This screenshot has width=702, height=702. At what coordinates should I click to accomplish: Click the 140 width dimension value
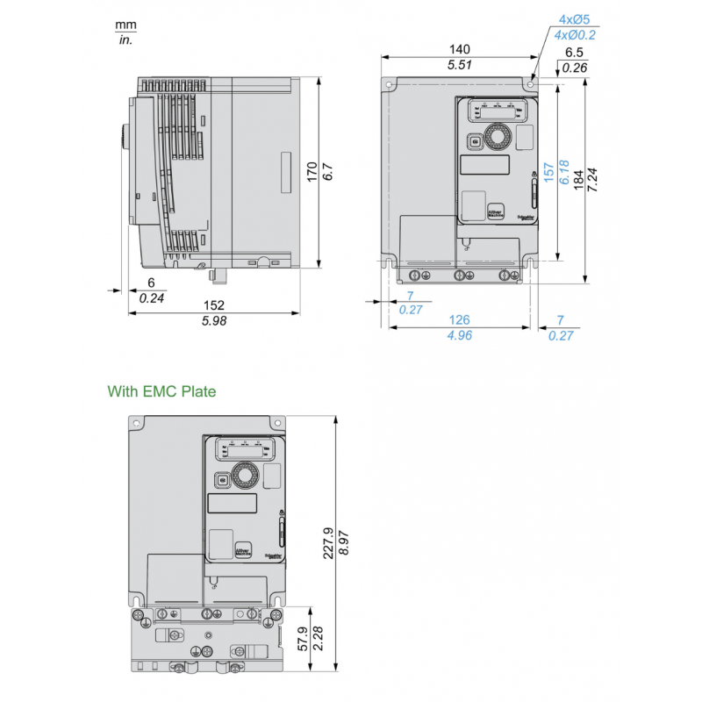coord(460,49)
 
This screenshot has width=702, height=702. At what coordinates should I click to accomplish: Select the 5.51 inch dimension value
coord(460,65)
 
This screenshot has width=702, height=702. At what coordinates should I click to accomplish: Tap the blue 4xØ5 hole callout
coord(576,18)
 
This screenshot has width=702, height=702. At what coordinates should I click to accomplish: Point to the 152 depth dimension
coord(214,305)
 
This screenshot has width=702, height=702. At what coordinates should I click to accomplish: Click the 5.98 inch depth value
coord(214,321)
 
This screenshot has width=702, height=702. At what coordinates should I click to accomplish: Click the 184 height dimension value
coord(577,178)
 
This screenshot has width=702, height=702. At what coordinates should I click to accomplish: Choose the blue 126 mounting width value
coord(460,320)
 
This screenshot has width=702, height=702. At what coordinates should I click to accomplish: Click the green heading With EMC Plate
coord(161,391)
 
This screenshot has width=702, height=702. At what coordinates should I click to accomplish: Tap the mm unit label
coord(126,25)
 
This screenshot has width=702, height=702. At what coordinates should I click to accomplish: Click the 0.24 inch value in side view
coord(152,298)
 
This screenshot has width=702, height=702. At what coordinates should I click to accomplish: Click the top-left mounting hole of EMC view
coord(137,423)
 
